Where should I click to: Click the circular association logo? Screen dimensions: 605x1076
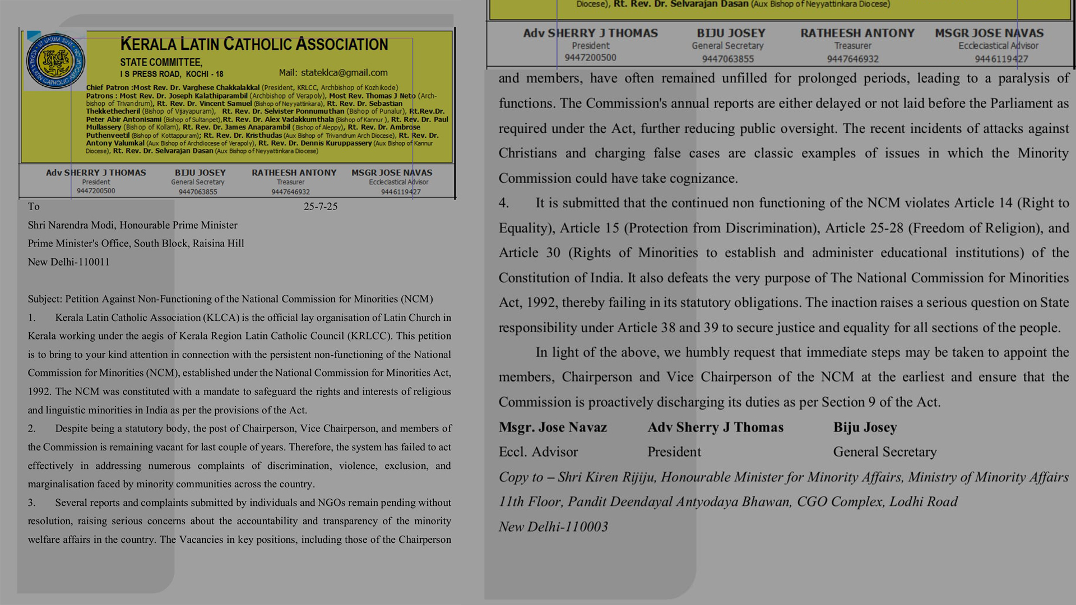[55, 61]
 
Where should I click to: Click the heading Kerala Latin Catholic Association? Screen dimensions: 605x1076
[254, 44]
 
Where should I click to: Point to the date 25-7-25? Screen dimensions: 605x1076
[321, 207]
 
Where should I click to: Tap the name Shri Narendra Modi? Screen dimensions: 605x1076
[71, 225]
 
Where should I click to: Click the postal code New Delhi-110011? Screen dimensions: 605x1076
[69, 262]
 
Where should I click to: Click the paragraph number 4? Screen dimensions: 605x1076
[504, 203]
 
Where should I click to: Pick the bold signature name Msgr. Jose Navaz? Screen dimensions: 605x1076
[553, 427]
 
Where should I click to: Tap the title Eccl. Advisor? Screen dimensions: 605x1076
[538, 452]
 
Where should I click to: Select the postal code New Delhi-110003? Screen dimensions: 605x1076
[553, 527]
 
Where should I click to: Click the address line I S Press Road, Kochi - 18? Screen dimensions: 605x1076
[171, 74]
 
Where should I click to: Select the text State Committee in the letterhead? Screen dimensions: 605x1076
[161, 62]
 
